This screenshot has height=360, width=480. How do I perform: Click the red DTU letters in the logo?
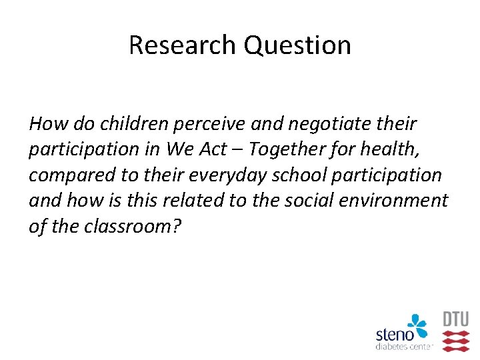456,319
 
